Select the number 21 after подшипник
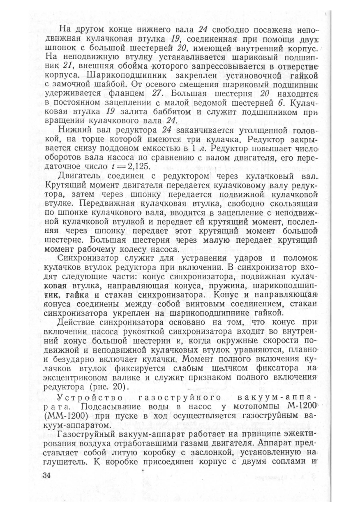[69, 65]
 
